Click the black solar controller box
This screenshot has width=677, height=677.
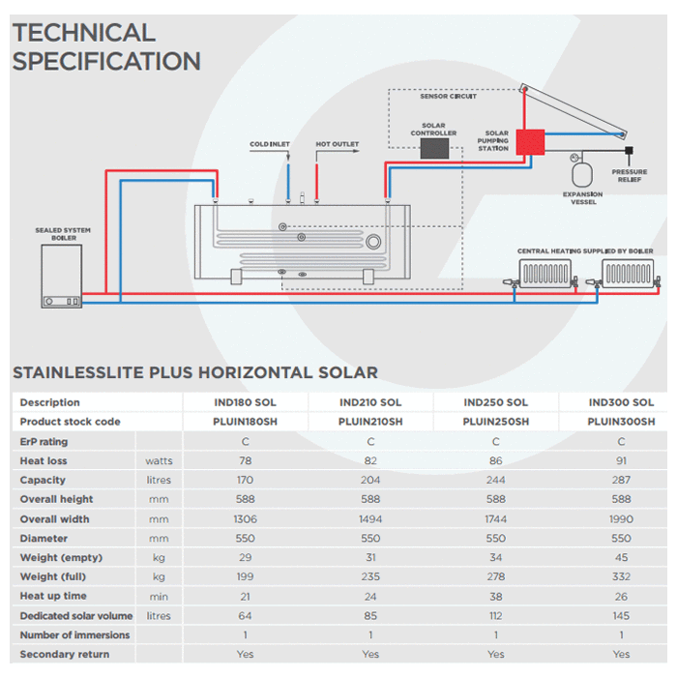[438, 149]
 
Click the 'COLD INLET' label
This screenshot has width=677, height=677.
[270, 145]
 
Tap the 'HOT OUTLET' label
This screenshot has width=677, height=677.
[337, 145]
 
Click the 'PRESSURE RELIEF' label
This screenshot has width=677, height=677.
[630, 176]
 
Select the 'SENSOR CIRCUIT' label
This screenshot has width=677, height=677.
[448, 97]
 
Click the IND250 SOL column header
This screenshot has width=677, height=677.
[495, 402]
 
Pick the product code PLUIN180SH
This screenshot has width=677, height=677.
[245, 422]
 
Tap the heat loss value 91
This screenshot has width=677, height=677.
[621, 460]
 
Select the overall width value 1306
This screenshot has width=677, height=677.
[245, 518]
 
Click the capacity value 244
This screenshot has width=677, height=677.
[495, 480]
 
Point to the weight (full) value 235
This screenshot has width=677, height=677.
[370, 576]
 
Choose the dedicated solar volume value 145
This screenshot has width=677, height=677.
[621, 615]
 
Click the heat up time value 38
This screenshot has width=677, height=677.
[495, 596]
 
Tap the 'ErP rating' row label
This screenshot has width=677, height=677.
[44, 441]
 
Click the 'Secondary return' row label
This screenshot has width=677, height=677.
[64, 654]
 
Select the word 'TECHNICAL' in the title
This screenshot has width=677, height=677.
[84, 33]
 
